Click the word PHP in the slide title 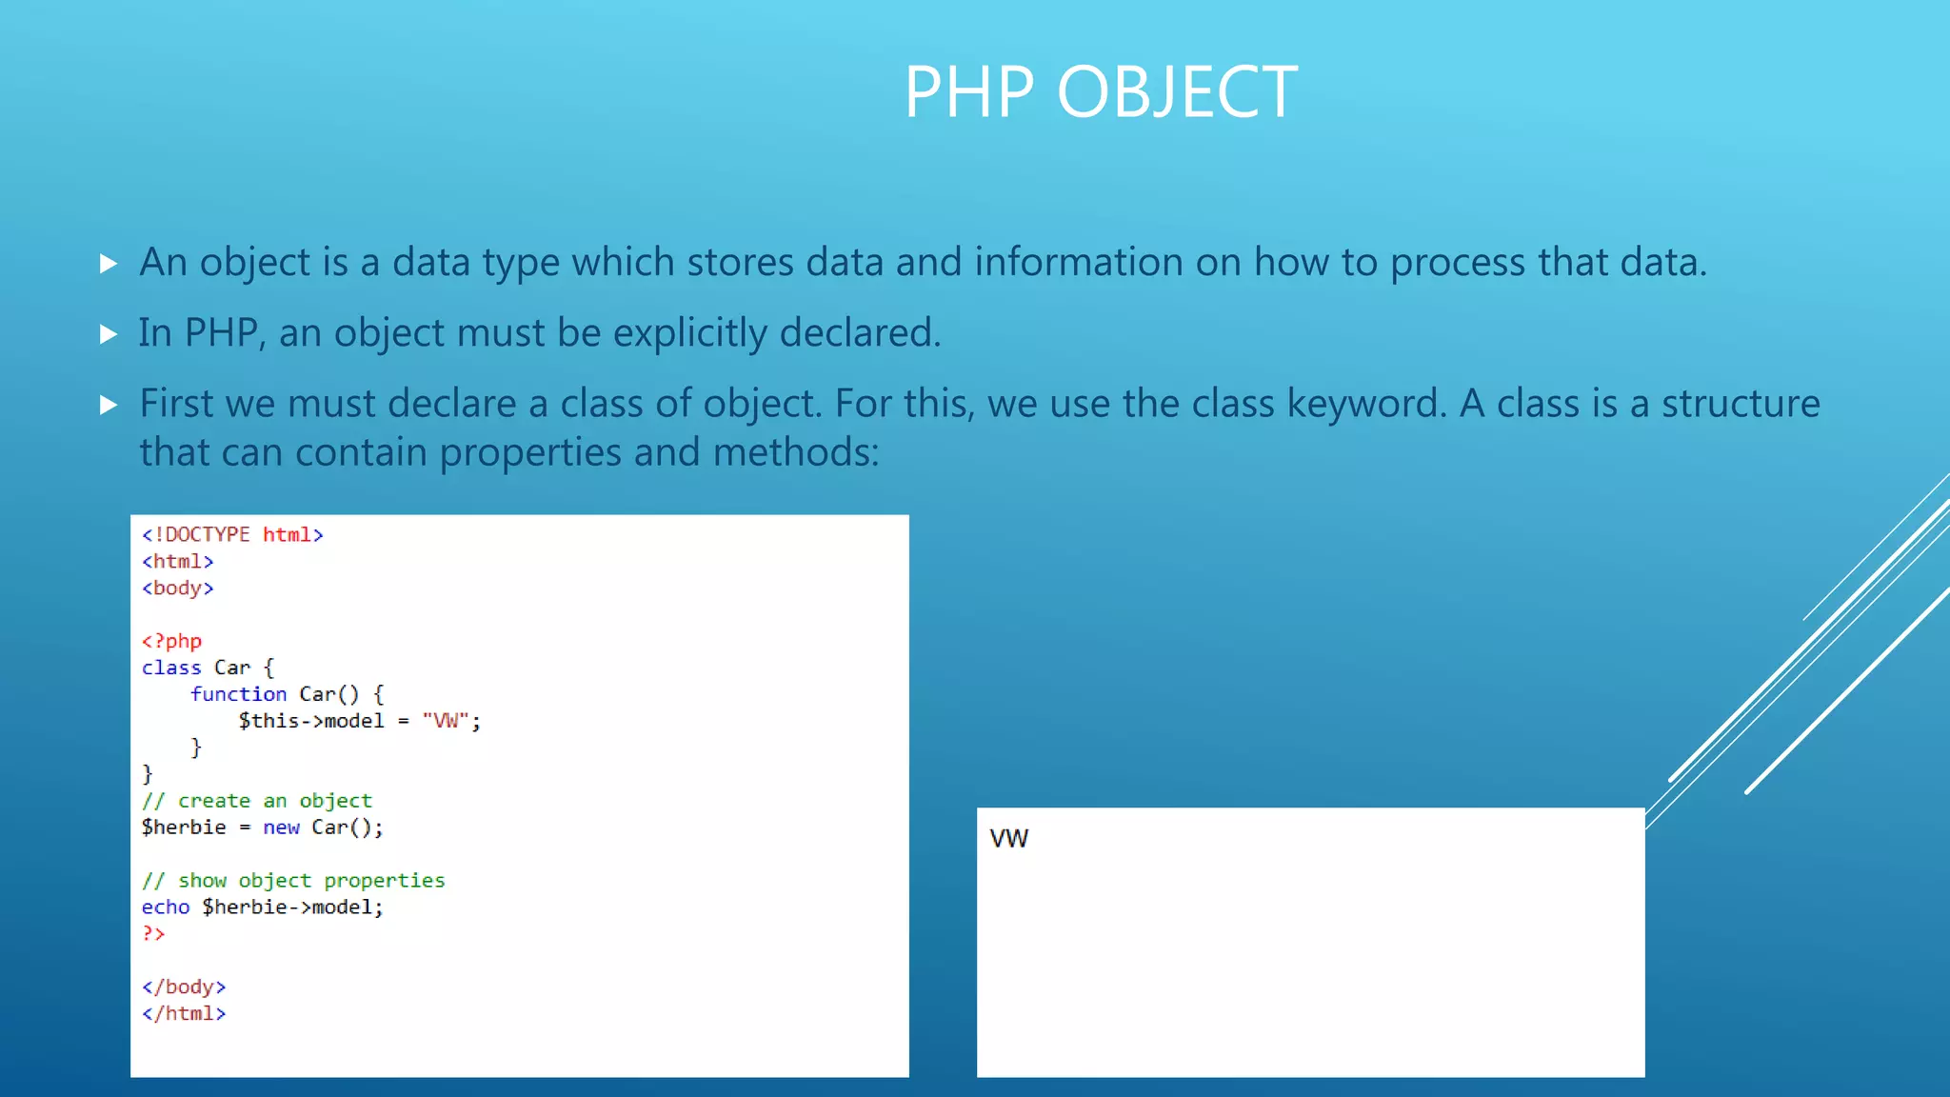point(968,92)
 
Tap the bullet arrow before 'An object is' point(109,264)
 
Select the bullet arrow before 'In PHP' point(109,334)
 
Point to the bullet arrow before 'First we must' point(109,406)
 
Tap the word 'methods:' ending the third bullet point(796,452)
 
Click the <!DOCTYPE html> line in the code point(232,535)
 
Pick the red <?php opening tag point(172,642)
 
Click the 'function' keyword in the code point(238,694)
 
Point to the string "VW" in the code point(446,721)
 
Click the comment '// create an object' point(257,801)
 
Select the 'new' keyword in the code point(281,828)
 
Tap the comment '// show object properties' point(293,881)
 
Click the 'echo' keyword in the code point(166,908)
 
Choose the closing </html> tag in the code point(184,1014)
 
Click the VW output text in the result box point(1009,839)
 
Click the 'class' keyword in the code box point(171,668)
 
